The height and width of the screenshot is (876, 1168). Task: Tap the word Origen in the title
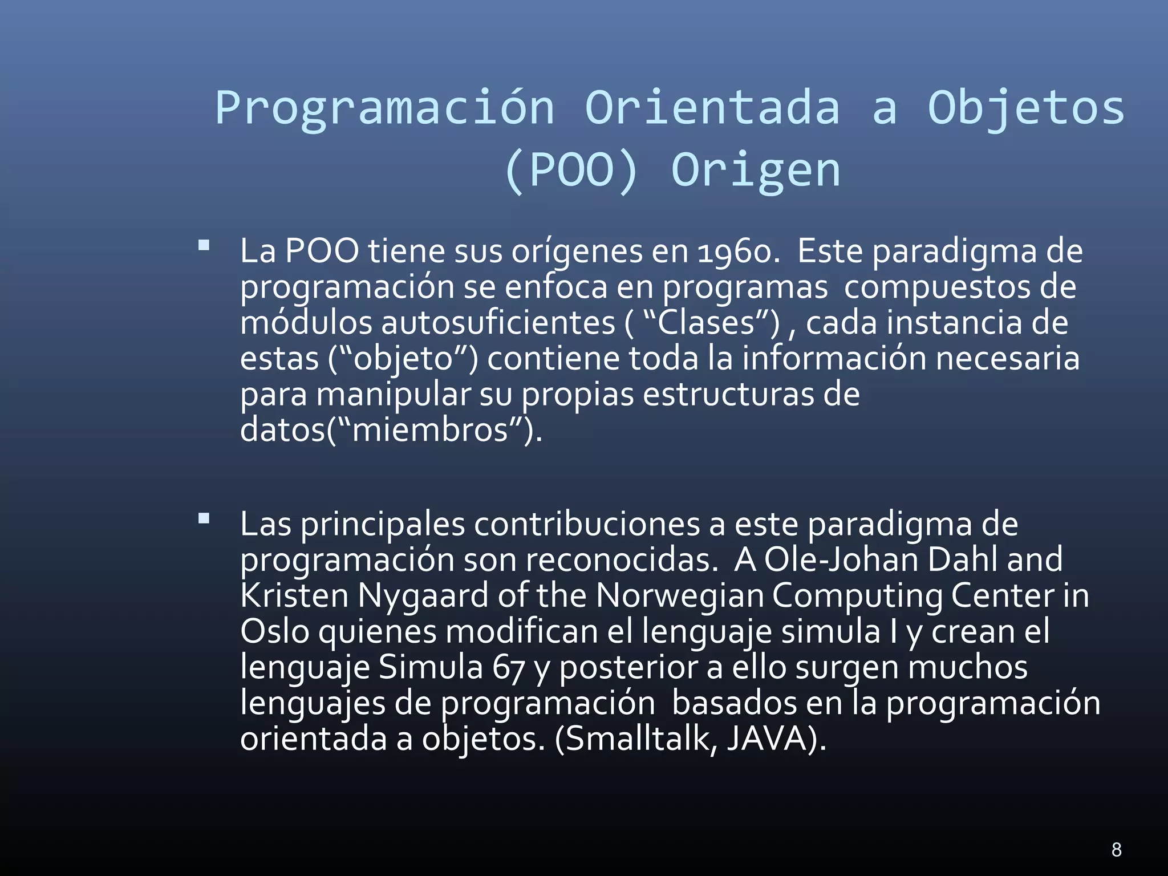click(x=756, y=170)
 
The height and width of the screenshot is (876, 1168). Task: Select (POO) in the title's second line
click(x=571, y=170)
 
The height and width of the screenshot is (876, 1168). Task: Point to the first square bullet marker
click(x=204, y=246)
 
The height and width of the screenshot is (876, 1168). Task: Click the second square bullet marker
click(x=204, y=518)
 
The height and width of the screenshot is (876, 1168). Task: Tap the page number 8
click(x=1116, y=849)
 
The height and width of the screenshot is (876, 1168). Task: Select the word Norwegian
click(x=679, y=596)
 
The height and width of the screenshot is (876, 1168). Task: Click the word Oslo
click(x=274, y=632)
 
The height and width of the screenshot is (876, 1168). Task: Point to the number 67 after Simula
click(x=508, y=668)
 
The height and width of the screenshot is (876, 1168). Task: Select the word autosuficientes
click(x=498, y=323)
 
